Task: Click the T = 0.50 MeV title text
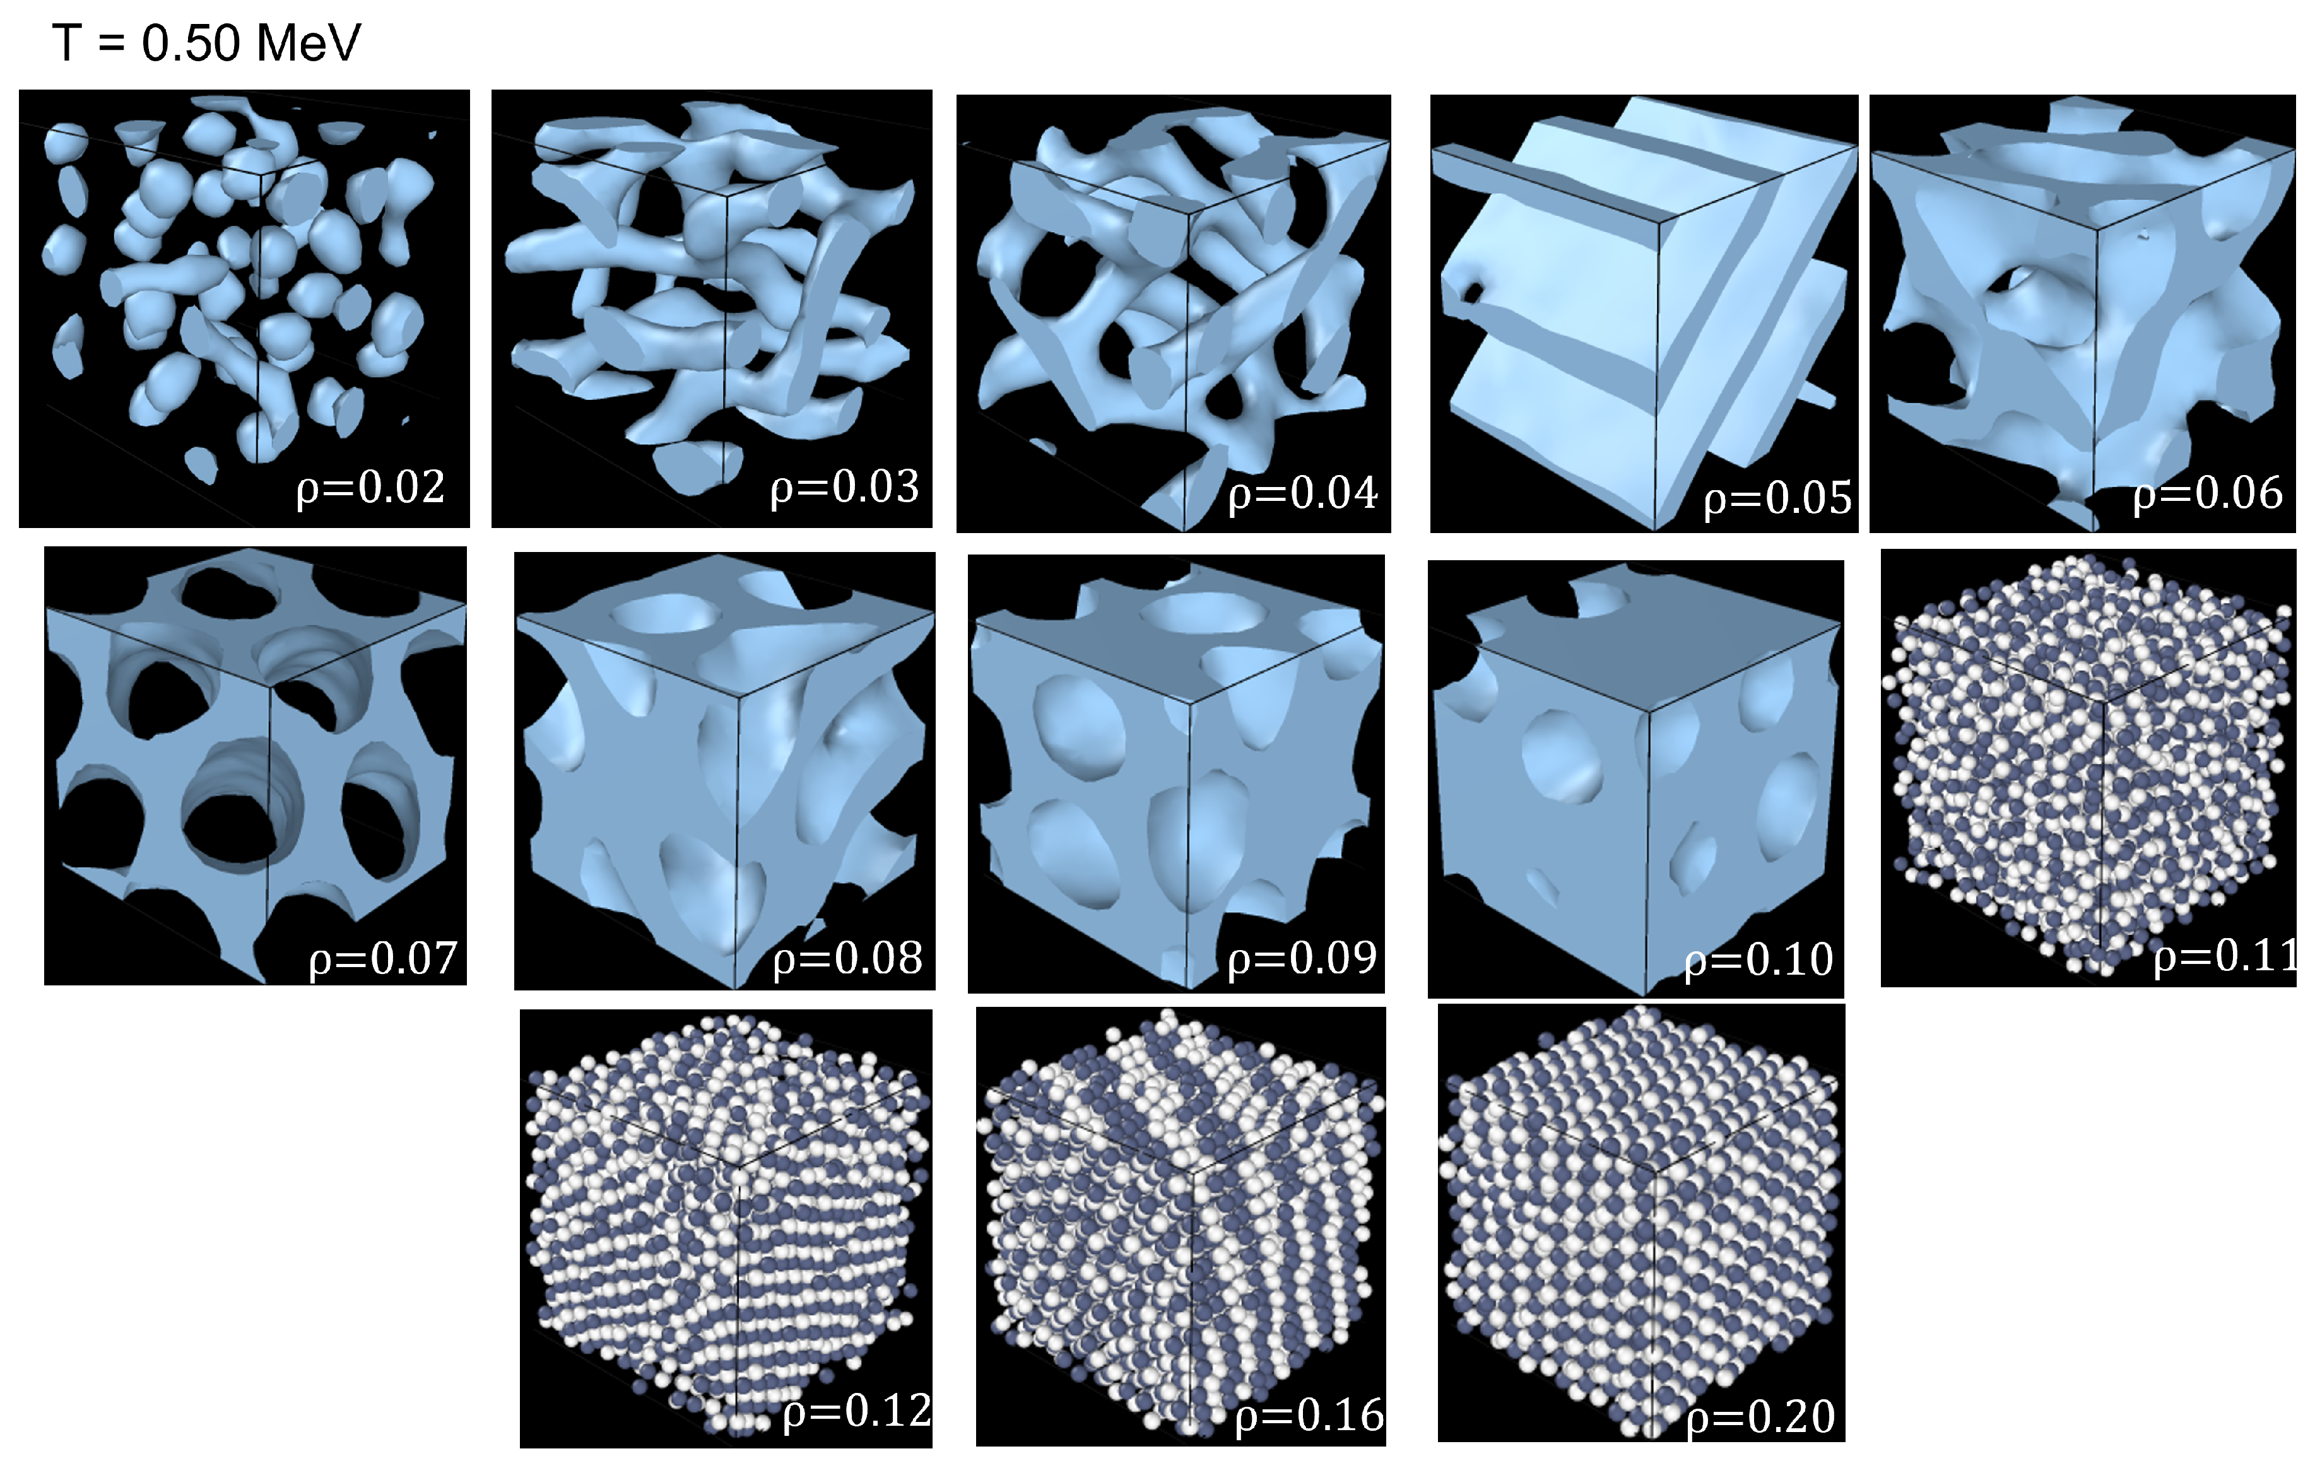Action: (206, 44)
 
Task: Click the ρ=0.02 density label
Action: (370, 488)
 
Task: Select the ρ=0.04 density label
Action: (1303, 493)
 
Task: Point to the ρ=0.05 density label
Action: (1777, 498)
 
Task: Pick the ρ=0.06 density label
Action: (2207, 493)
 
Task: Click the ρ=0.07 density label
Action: (382, 958)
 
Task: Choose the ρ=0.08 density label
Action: (847, 958)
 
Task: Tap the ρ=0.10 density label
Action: (1758, 960)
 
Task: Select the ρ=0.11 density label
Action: (2224, 956)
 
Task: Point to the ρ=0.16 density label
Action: (1309, 1415)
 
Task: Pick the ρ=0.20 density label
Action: (1760, 1417)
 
